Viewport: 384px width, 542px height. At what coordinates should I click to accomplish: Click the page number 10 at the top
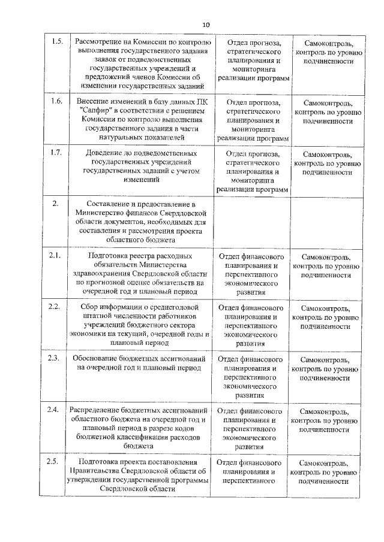coord(206,25)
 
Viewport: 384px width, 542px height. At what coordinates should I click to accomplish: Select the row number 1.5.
coord(57,41)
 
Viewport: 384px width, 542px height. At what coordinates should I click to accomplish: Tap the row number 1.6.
coord(57,101)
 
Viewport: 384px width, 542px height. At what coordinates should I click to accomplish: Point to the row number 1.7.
coord(57,152)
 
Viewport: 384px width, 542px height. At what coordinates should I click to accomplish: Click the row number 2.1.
coord(55,256)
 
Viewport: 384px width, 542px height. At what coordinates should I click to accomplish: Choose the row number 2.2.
coord(55,307)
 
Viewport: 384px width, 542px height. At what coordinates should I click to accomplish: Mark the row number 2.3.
coord(55,358)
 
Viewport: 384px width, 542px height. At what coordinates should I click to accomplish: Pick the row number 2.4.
coord(55,410)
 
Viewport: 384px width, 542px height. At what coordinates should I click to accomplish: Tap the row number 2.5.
coord(55,461)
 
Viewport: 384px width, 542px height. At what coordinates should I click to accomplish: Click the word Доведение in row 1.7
coord(105,153)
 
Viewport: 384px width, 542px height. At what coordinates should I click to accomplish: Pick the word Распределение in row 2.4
coord(95,410)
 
